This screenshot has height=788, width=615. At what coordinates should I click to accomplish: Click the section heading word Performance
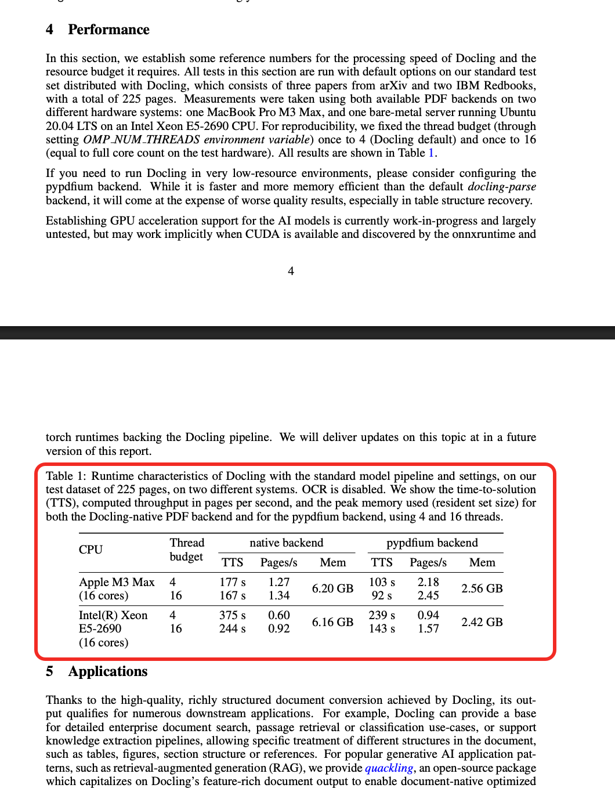[108, 30]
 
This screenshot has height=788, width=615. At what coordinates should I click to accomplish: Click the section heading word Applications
[108, 671]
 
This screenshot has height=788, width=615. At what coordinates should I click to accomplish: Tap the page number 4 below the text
[291, 271]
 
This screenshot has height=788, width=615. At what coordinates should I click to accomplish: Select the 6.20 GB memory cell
[332, 588]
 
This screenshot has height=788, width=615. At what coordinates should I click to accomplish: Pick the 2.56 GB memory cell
[482, 588]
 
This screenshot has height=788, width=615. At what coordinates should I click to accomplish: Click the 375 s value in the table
[232, 615]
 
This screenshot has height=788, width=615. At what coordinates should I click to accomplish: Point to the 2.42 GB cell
[482, 622]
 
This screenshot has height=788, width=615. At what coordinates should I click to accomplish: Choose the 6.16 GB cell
[332, 622]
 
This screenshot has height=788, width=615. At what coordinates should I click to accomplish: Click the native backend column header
[286, 543]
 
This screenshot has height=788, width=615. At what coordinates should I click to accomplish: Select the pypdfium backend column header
[432, 543]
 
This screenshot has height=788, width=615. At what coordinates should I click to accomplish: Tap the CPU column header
[91, 550]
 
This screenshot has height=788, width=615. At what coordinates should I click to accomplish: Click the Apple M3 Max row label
[117, 582]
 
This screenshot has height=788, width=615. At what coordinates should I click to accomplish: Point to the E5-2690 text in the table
[100, 628]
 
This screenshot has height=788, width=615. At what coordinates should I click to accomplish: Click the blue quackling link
[389, 768]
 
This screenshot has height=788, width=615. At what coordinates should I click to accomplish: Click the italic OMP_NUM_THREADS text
[142, 139]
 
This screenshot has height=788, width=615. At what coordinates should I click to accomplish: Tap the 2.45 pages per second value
[428, 595]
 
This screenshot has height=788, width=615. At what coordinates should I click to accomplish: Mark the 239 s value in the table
[382, 615]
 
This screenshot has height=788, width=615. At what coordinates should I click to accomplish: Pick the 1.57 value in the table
[428, 628]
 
